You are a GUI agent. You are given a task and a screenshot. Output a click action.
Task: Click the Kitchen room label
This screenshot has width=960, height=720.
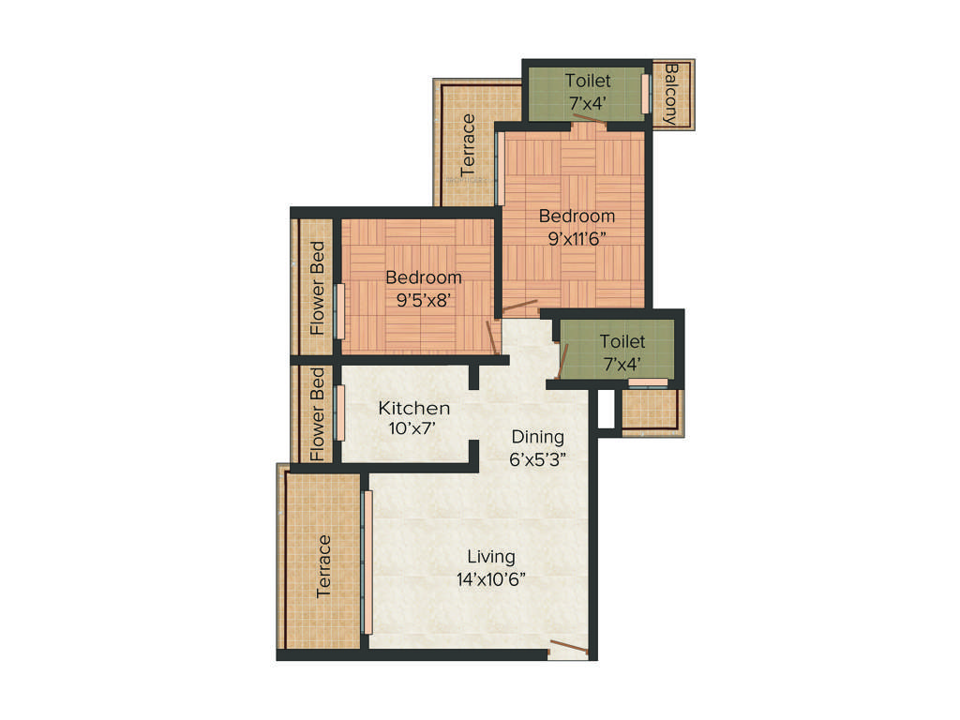pos(414,409)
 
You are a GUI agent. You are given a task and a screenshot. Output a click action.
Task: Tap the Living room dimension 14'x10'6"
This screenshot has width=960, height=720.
pos(490,579)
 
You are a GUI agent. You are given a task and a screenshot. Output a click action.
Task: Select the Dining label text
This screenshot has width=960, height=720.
pos(537,437)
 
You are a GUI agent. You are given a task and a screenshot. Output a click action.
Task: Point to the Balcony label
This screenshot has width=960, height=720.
pos(670,95)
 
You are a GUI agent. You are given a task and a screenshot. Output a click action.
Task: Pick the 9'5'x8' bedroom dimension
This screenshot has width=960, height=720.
pos(423,300)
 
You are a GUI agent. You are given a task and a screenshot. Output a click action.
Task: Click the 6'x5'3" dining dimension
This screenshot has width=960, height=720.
pos(537,458)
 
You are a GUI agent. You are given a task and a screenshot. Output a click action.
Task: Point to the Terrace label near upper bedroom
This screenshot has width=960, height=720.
pos(468,145)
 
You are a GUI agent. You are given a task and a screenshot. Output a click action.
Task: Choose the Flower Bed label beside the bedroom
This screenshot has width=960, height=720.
pos(318,289)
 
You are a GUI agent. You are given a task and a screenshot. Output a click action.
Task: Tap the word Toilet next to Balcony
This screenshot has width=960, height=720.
pos(588,82)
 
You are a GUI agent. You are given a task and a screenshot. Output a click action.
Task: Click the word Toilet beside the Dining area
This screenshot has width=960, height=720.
pos(622,342)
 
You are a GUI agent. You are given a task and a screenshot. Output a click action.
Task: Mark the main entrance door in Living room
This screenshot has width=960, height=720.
pos(568,647)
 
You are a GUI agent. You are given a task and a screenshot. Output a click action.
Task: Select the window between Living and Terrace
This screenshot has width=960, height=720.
pos(367,562)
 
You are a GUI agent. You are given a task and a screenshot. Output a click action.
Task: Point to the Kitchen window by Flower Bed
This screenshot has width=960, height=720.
pos(339,412)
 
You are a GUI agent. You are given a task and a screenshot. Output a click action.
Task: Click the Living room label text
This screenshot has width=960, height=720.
pos(490,557)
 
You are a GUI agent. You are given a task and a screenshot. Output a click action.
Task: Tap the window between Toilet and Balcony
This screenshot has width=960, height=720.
pos(645,94)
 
